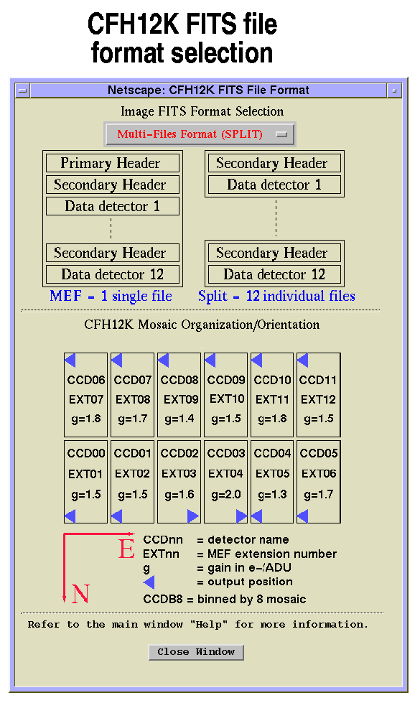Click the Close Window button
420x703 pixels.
tap(196, 652)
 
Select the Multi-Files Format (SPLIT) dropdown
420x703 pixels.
tap(200, 134)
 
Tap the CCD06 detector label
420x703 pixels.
tap(85, 380)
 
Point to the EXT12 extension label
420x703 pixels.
tap(318, 399)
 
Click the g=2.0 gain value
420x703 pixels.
tap(226, 495)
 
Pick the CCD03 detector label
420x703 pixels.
tap(226, 453)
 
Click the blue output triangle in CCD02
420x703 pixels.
tap(192, 516)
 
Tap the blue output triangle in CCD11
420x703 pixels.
tap(302, 360)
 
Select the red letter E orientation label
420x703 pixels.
tap(126, 549)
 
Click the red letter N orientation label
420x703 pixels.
tap(80, 594)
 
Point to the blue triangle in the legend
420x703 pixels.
tap(149, 582)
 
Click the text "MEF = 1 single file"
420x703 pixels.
tap(111, 296)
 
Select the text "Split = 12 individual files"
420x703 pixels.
tap(276, 296)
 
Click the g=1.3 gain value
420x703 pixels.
tap(273, 495)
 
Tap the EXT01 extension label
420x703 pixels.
tap(85, 474)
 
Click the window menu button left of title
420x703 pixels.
tap(22, 90)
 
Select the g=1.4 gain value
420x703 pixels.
tap(179, 419)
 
